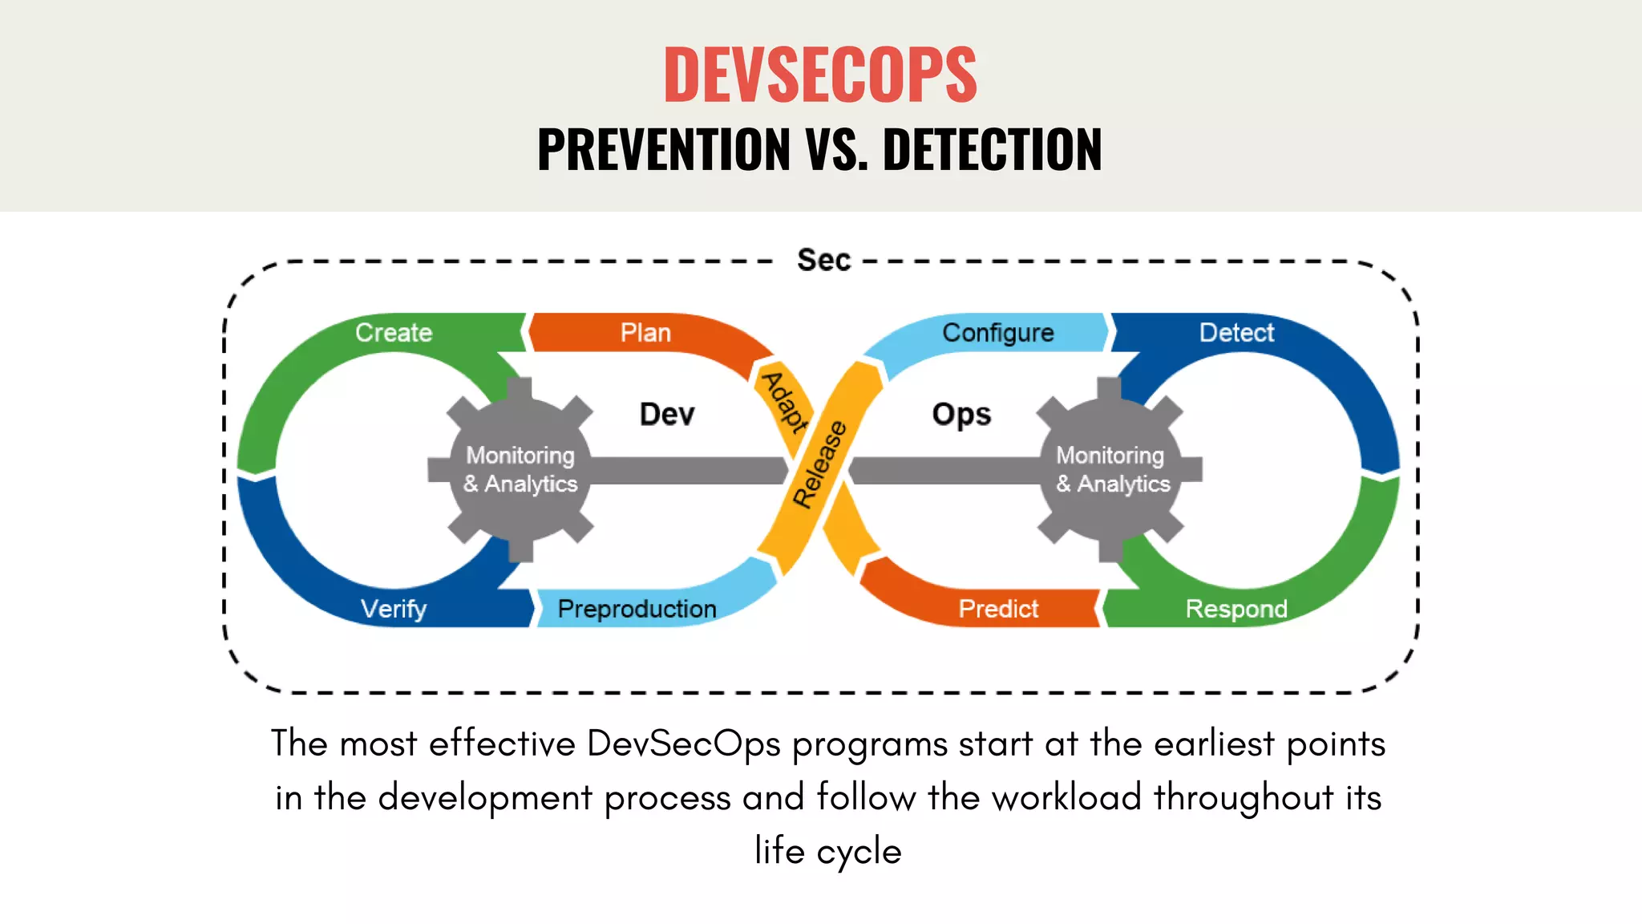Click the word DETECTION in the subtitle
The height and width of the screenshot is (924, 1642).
(x=992, y=150)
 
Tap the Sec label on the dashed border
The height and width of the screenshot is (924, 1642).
(x=823, y=261)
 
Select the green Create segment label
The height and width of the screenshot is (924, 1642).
(x=394, y=332)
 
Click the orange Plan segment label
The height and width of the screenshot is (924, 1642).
(x=645, y=332)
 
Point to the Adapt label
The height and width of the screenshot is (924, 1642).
(x=785, y=403)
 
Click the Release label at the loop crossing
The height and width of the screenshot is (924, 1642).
(x=819, y=464)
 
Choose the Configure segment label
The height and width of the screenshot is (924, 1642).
(x=997, y=332)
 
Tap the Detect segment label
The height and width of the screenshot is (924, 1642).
(x=1236, y=332)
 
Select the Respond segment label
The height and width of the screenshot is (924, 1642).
(x=1236, y=609)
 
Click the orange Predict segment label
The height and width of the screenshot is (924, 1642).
(x=998, y=609)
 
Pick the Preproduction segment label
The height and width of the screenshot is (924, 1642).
(x=637, y=609)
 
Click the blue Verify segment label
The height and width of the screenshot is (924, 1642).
(x=394, y=609)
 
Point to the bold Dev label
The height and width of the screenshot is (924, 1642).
(x=667, y=415)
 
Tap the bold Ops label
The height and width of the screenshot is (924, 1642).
(x=961, y=415)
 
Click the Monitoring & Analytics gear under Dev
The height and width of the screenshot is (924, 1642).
(x=520, y=470)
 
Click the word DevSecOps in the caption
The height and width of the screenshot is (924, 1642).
(x=683, y=744)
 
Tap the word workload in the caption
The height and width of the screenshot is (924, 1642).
(x=1066, y=798)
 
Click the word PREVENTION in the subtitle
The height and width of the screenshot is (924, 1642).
(x=664, y=150)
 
